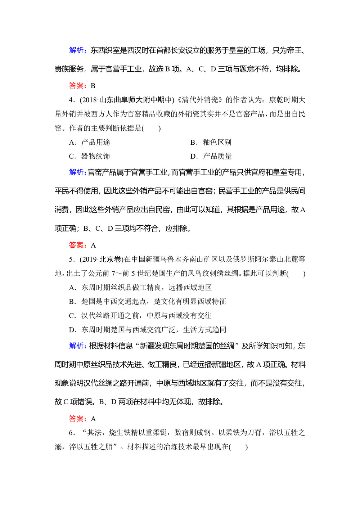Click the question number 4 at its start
point(71,100)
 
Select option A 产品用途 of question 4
point(90,142)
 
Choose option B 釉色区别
point(211,142)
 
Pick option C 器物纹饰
point(90,156)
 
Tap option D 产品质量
point(211,156)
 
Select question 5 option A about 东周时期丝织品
point(140,288)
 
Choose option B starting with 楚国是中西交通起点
point(148,302)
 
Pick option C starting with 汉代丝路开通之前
point(140,316)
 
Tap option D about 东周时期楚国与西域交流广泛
point(148,330)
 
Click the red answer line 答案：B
point(82,86)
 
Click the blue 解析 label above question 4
point(77,50)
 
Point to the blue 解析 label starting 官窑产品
point(77,172)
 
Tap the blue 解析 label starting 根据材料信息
point(77,346)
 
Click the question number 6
point(71,433)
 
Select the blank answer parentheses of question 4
point(152,128)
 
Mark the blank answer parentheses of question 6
point(239,447)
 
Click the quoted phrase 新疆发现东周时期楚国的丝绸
point(187,346)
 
